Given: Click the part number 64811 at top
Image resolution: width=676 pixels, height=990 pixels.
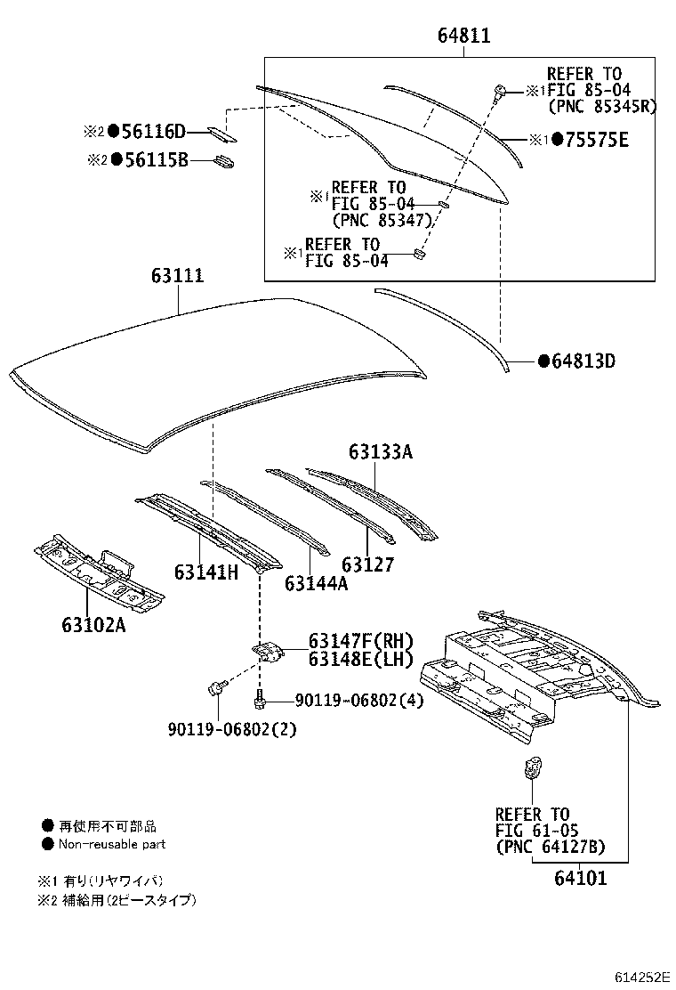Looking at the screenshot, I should pyautogui.click(x=463, y=37).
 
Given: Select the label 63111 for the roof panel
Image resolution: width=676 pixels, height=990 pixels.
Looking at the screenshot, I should pyautogui.click(x=177, y=276).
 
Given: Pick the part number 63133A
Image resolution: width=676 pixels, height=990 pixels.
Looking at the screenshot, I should pyautogui.click(x=380, y=452).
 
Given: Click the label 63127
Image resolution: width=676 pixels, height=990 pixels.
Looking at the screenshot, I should pyautogui.click(x=367, y=564).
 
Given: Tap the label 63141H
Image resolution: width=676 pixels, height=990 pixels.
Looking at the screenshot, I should pyautogui.click(x=206, y=572).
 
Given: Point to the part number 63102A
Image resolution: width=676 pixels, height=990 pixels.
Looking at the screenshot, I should pyautogui.click(x=93, y=625).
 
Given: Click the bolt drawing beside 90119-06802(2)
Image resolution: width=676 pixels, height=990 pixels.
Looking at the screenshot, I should pyautogui.click(x=215, y=688).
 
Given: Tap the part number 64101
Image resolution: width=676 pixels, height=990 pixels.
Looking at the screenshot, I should pyautogui.click(x=580, y=878).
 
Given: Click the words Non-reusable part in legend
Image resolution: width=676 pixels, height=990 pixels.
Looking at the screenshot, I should pyautogui.click(x=112, y=844).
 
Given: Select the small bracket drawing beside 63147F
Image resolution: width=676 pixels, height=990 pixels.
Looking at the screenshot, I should pyautogui.click(x=268, y=653).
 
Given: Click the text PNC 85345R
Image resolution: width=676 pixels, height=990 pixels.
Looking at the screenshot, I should pyautogui.click(x=601, y=106).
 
